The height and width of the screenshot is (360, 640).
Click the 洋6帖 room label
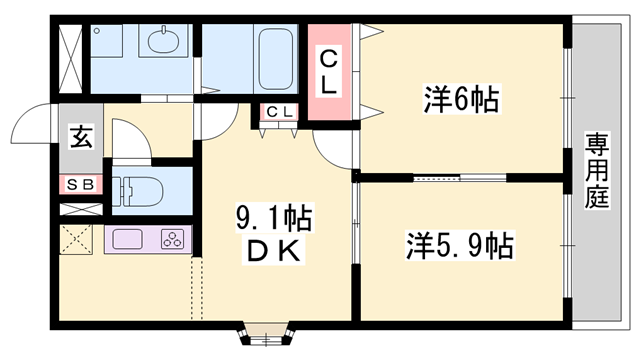pos(461,99)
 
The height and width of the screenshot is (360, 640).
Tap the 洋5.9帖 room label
pos(460,246)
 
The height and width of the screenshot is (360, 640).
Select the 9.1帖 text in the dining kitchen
pos(273,217)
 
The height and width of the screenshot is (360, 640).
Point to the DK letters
pos(273,250)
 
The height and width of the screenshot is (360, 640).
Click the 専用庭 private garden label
pos(597,170)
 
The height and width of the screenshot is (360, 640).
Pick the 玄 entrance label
pos(81,137)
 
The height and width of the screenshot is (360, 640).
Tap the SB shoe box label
pos(80,185)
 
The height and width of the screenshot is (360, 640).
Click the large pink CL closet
pos(329,72)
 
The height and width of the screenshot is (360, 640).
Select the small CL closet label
pos(280,111)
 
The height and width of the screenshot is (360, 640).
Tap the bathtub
pos(276,59)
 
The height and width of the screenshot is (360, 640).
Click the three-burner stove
pos(172,239)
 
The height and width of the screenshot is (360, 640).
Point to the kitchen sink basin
pos(128,239)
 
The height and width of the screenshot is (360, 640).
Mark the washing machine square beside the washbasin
pos(106,40)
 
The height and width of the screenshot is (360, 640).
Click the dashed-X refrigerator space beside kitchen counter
pos(76,240)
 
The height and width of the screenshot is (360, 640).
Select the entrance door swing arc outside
pos(31,122)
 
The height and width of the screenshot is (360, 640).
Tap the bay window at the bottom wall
pos(266,334)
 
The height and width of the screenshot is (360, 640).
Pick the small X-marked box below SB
pos(81,209)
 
